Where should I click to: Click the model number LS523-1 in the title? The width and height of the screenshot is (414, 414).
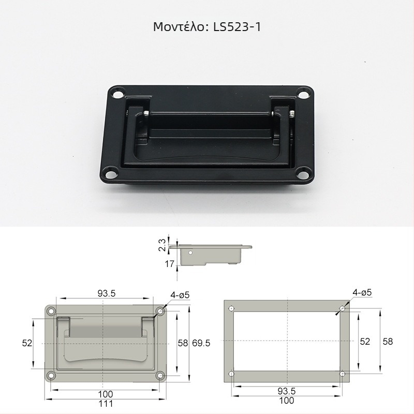point(237,27)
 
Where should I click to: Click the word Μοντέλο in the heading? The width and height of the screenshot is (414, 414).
point(179,27)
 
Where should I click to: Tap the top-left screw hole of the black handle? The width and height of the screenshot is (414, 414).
point(119,94)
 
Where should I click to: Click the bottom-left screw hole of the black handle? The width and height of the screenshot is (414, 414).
point(111,174)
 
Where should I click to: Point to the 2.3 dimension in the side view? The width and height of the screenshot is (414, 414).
point(162,245)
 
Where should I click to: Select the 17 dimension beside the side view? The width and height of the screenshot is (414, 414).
point(170,263)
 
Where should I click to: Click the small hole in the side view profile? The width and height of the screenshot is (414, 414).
point(190,253)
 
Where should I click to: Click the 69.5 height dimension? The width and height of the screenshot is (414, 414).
point(201,343)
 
